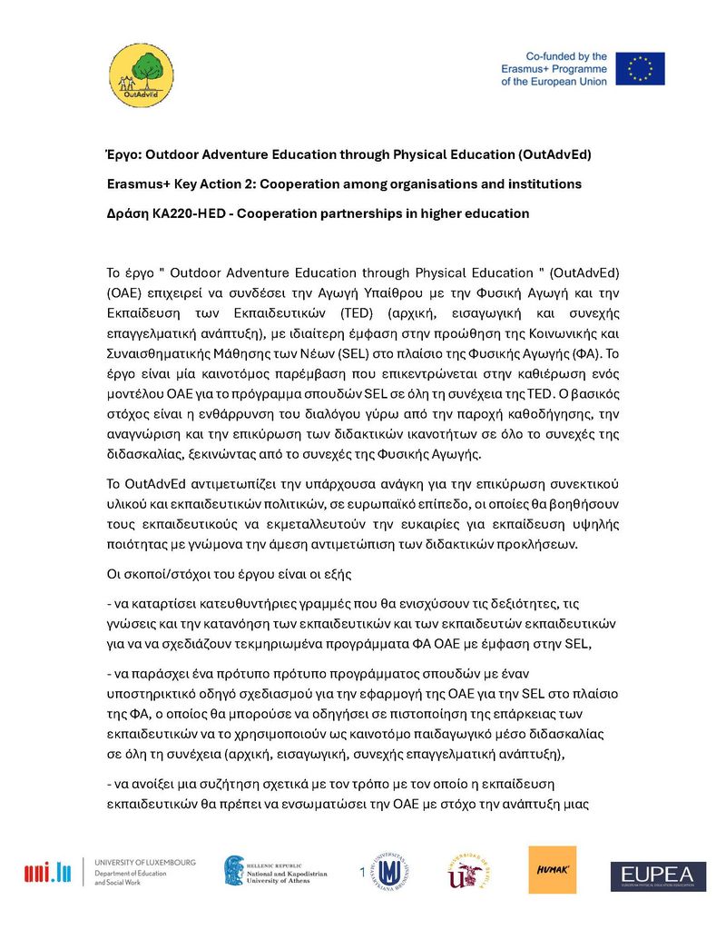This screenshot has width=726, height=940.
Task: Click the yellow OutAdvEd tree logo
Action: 139,74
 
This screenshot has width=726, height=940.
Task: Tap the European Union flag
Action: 640,69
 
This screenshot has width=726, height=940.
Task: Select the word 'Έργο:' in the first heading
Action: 123,154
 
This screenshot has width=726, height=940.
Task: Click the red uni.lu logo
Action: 47,874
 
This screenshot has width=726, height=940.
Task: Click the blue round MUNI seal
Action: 390,873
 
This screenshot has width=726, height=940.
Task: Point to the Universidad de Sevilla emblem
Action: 469,873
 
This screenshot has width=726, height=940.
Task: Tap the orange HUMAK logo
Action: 552,870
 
